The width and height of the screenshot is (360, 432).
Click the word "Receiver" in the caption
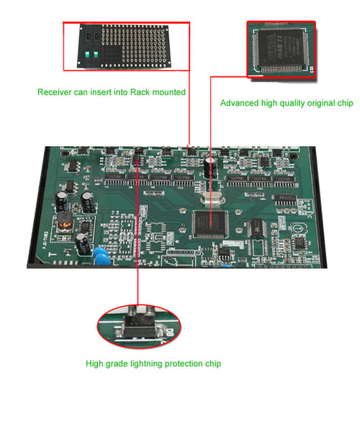(x=55, y=92)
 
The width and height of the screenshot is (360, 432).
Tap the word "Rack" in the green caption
(x=140, y=92)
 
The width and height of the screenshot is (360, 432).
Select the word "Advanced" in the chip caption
(x=239, y=104)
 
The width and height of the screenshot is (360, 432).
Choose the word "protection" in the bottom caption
(x=189, y=364)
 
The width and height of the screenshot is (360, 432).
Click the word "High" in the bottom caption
(x=95, y=364)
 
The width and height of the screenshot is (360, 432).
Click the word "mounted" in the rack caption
(x=168, y=92)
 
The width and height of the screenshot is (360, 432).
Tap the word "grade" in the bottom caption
(x=120, y=364)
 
